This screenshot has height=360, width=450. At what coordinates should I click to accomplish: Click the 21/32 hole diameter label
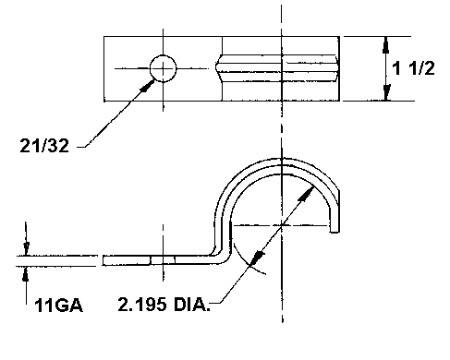click(44, 145)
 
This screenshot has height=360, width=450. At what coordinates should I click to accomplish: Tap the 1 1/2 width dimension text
click(413, 68)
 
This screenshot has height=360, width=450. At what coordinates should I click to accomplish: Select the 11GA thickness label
click(58, 306)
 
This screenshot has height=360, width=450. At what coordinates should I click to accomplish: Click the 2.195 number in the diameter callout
click(142, 305)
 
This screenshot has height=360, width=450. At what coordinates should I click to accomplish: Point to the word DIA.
click(191, 305)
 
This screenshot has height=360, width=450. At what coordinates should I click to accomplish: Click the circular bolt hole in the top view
click(163, 68)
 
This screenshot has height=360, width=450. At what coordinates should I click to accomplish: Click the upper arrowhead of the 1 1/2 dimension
click(386, 45)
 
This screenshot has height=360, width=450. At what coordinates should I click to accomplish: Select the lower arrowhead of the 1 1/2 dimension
click(386, 92)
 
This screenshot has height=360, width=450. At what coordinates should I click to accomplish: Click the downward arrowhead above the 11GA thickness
click(26, 248)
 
